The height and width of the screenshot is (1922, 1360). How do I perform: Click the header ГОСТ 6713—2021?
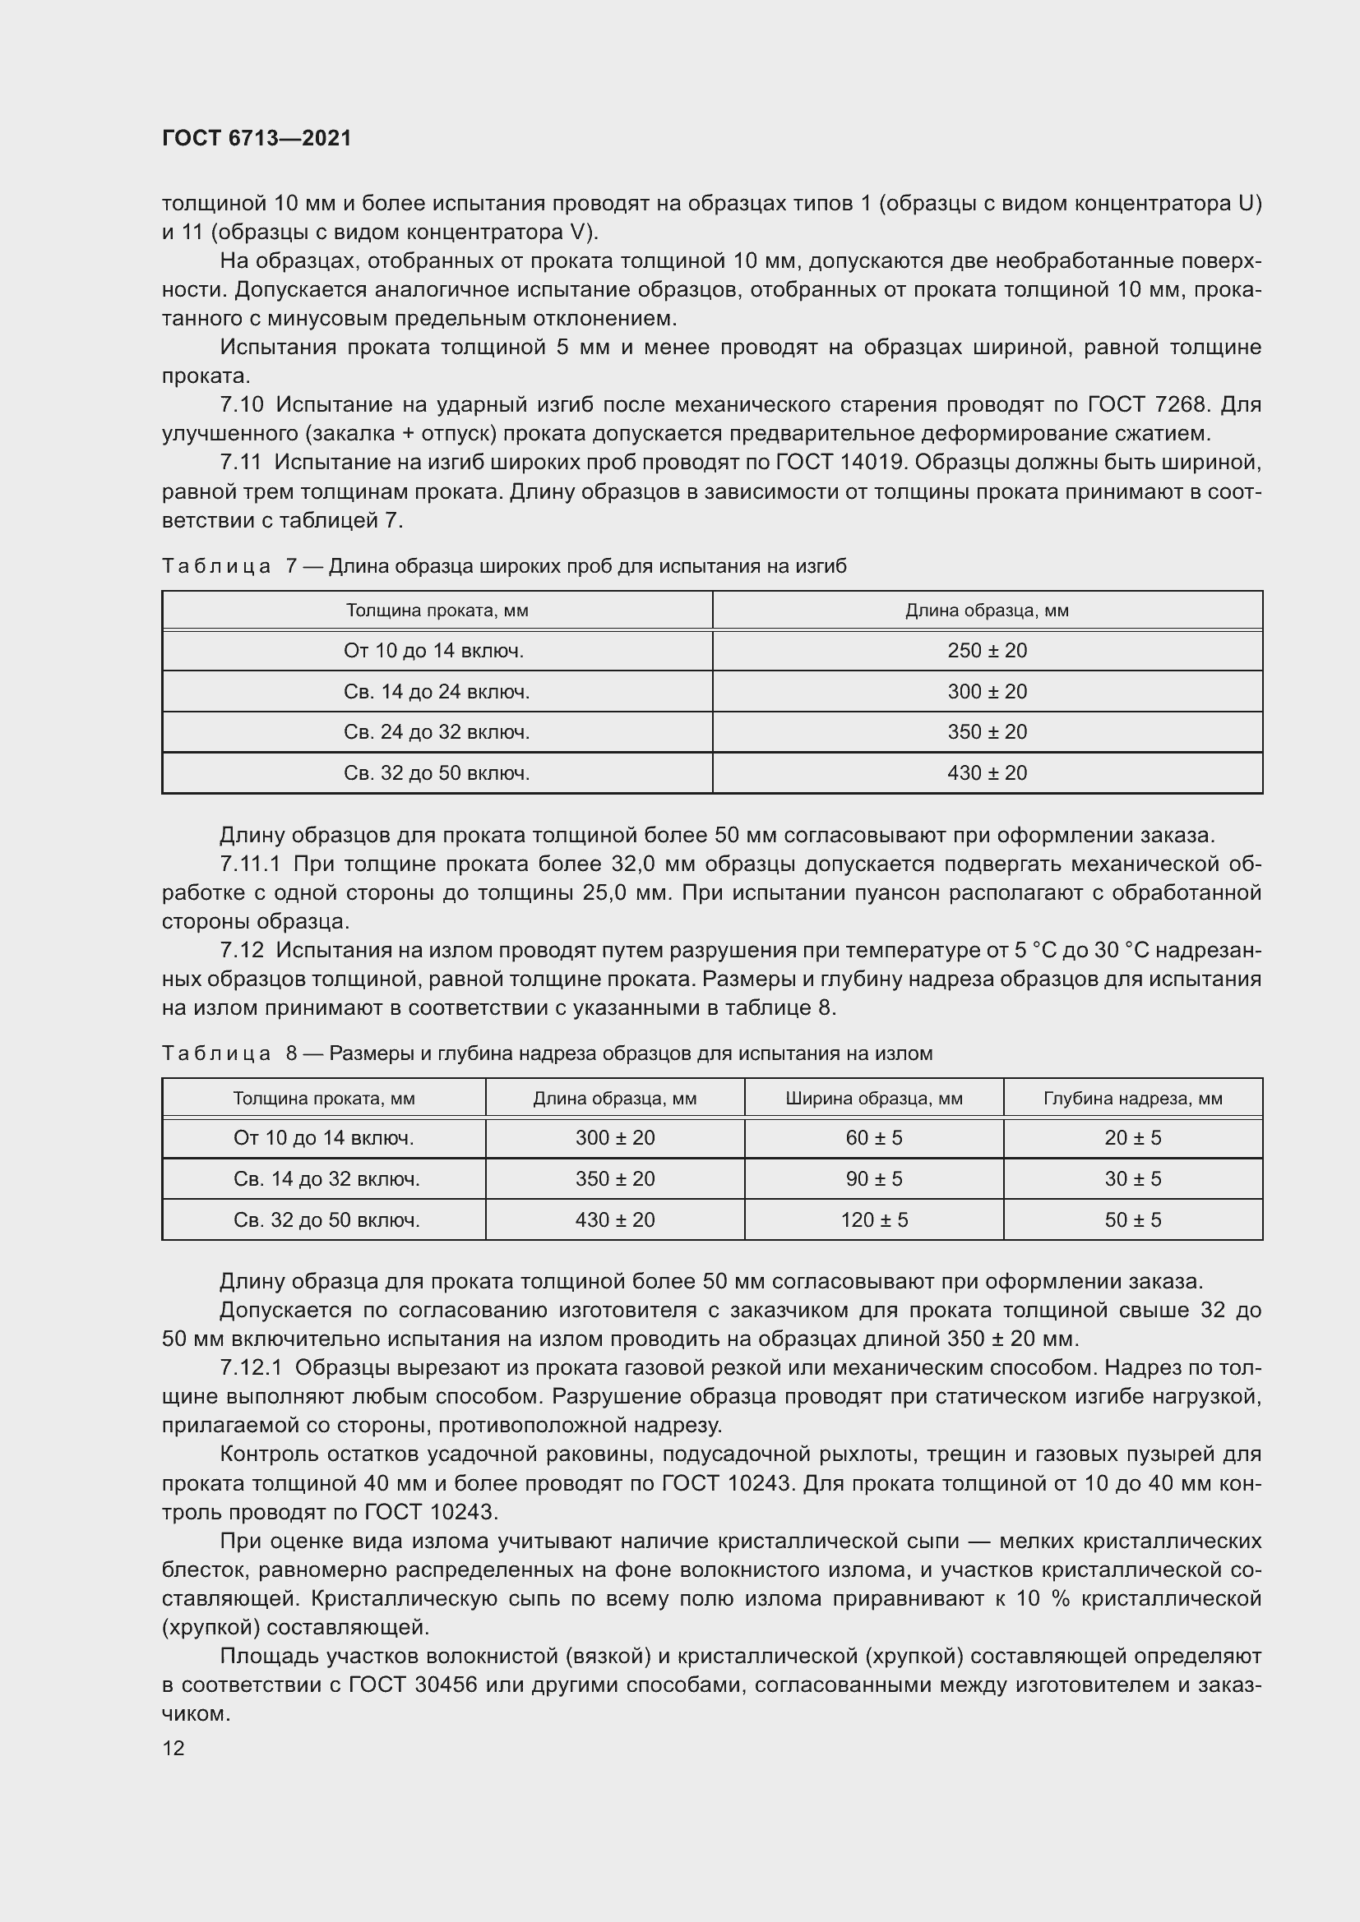tap(257, 138)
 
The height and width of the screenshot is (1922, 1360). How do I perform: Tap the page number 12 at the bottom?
tap(173, 1748)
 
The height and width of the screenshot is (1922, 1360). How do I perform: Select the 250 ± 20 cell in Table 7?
tap(987, 651)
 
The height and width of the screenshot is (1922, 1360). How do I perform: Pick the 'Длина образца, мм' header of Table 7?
tap(987, 611)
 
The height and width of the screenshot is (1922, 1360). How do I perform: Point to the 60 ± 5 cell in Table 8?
tap(873, 1137)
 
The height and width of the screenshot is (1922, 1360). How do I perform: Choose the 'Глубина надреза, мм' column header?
tap(1132, 1099)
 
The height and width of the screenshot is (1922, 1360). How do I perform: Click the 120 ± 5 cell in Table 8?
tap(873, 1219)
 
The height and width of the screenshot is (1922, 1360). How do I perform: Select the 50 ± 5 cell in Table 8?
tap(1132, 1219)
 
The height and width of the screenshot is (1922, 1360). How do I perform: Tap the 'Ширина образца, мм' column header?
tap(873, 1099)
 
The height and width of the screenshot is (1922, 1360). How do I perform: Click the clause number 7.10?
tap(241, 405)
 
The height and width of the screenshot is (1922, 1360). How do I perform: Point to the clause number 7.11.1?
tap(251, 864)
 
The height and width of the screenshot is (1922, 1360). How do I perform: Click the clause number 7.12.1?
tap(251, 1368)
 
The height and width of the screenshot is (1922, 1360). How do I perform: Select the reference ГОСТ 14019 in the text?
tap(844, 463)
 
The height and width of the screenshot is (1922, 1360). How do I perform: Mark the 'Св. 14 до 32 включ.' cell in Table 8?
tap(326, 1178)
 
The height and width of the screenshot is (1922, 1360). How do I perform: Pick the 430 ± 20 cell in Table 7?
tap(987, 772)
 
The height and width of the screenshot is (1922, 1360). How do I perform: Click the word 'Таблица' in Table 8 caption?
tap(216, 1054)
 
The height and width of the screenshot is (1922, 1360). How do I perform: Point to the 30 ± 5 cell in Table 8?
tap(1132, 1178)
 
